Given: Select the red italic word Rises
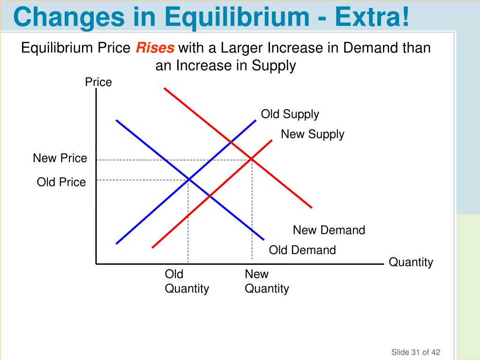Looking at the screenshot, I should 155,48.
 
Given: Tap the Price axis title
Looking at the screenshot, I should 98,82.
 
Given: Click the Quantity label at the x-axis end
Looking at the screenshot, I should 411,262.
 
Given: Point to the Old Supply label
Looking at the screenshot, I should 290,114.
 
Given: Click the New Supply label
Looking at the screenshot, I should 312,135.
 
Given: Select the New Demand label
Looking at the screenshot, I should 329,230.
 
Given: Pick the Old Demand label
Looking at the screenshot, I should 302,250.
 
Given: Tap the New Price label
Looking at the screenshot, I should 60,158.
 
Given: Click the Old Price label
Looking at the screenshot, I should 61,182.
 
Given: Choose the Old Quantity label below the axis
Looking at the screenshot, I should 187,281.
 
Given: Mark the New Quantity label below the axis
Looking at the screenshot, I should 267,281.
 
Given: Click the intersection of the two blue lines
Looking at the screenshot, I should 188,179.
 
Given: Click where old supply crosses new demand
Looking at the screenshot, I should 231,142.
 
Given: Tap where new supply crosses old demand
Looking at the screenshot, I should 209,196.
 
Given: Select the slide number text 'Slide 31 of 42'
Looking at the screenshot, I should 416,352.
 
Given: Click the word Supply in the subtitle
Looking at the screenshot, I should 274,66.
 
